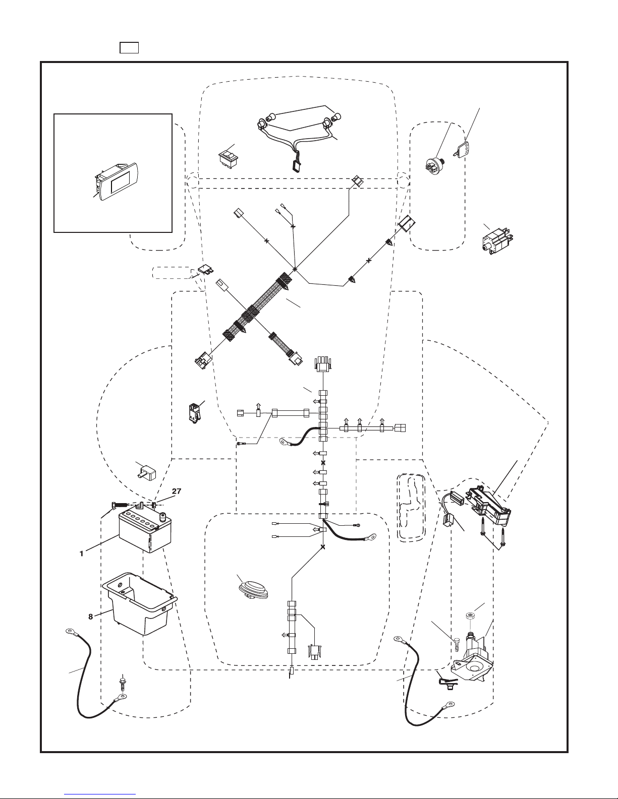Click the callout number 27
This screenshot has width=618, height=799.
tap(177, 491)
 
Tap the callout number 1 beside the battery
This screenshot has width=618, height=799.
tap(81, 554)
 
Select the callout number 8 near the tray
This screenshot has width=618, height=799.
tap(90, 617)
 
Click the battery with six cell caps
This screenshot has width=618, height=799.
tap(145, 530)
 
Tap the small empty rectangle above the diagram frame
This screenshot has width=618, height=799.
tap(129, 48)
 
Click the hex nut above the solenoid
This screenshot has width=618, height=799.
tap(470, 614)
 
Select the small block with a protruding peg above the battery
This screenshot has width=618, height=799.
tap(147, 472)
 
